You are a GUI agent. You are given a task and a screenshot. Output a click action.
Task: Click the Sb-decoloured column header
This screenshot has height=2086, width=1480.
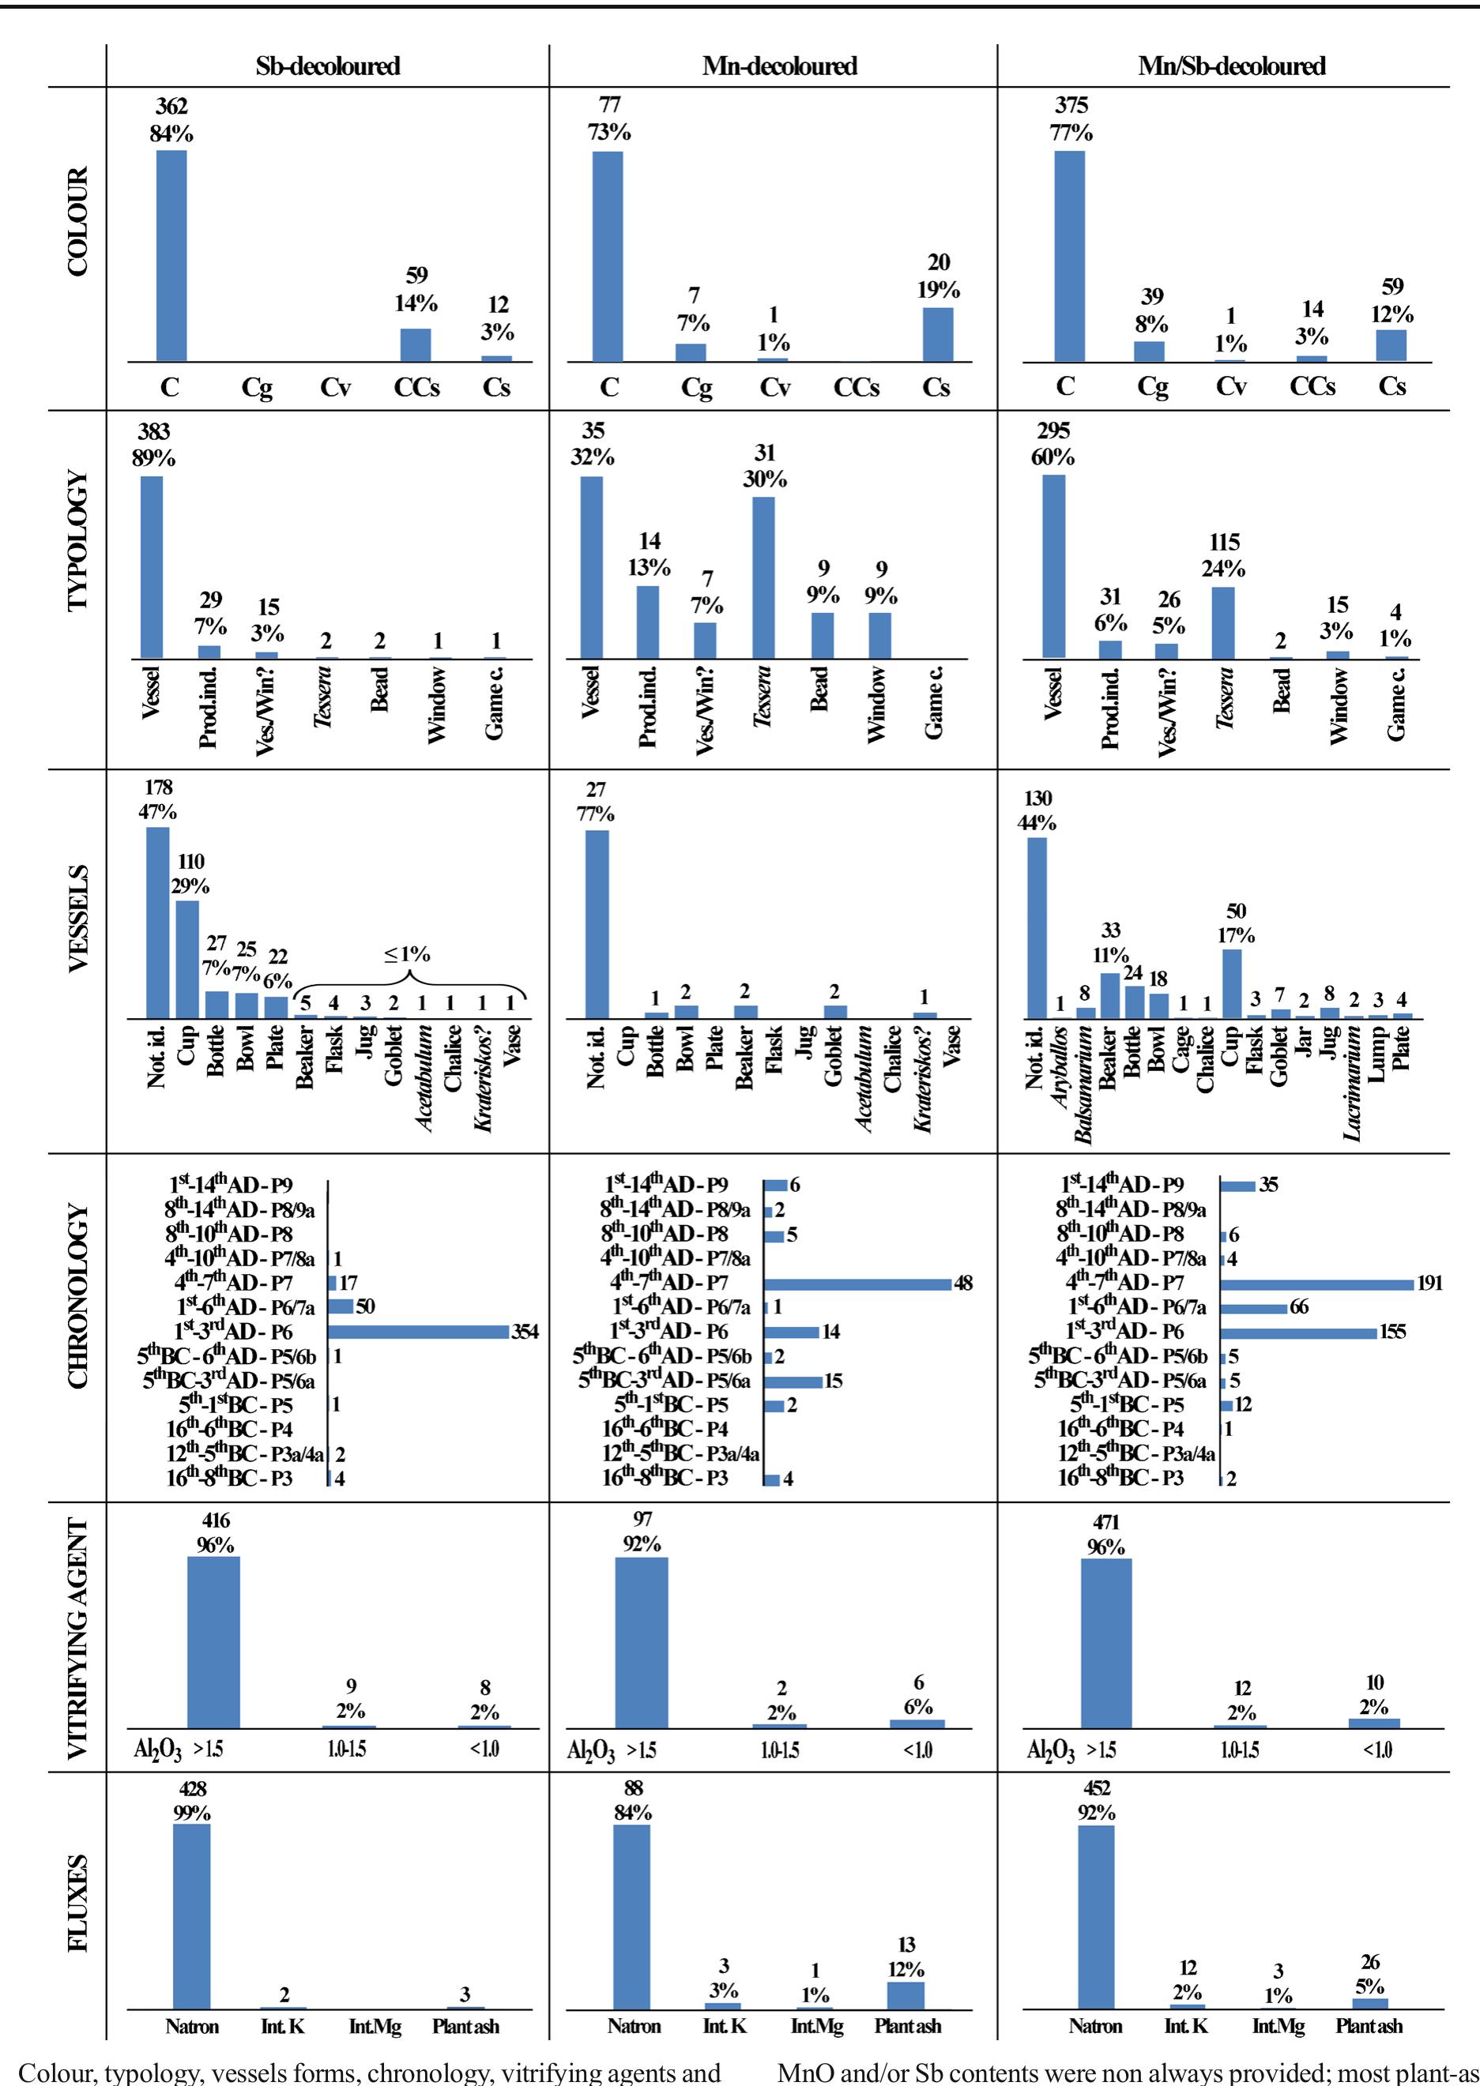(327, 66)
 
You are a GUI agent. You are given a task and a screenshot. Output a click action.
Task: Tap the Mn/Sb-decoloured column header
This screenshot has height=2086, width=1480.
(1231, 66)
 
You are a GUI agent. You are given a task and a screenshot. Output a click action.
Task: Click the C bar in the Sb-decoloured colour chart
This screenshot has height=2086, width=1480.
(171, 256)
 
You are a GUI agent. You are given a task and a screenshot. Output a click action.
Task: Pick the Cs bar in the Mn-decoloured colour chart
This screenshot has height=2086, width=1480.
(938, 334)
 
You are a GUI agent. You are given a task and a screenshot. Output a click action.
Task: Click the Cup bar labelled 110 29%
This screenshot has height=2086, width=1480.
(186, 958)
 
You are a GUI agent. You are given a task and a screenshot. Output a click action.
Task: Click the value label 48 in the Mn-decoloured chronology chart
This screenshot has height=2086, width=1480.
(962, 1284)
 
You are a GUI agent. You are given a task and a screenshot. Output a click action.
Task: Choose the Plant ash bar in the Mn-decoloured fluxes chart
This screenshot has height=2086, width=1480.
(905, 2020)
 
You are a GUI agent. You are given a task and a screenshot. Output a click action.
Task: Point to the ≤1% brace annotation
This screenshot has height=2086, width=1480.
(408, 971)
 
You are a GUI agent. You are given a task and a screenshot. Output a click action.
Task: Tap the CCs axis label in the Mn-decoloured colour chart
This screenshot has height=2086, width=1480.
(856, 388)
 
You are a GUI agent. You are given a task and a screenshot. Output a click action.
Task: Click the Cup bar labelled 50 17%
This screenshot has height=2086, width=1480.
(1231, 983)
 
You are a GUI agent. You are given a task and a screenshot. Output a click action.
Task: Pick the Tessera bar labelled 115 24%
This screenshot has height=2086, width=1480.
(1223, 622)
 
